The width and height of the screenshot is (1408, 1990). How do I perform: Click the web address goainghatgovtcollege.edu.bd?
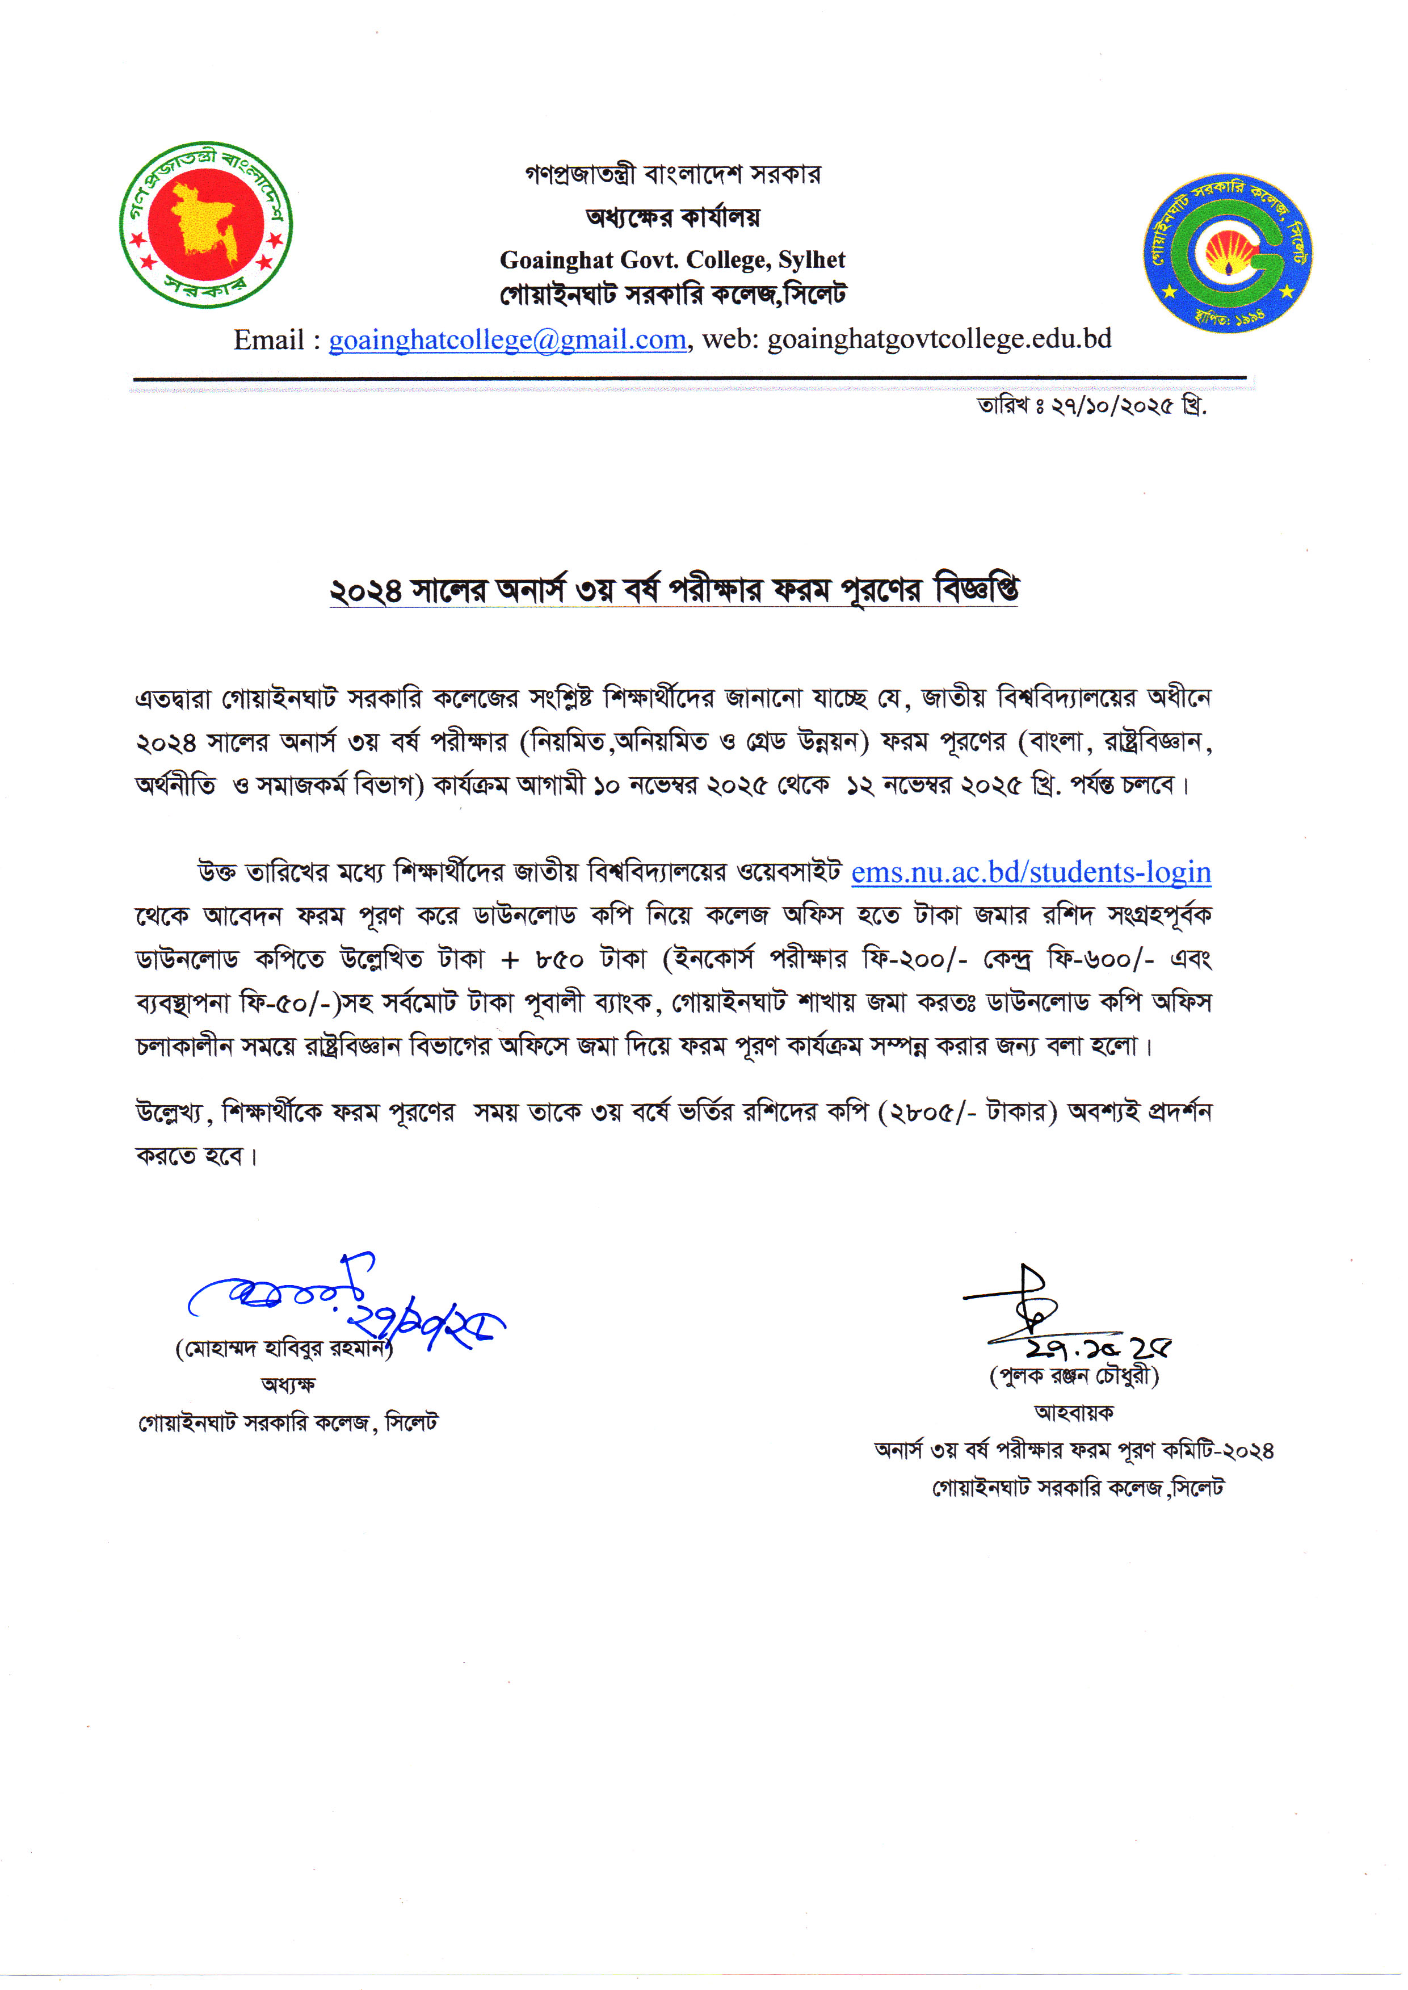pos(939,339)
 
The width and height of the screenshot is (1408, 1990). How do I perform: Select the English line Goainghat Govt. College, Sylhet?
pos(672,259)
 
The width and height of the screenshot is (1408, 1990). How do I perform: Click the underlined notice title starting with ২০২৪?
pos(673,590)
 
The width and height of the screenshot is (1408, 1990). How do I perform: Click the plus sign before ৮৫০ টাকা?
pos(510,960)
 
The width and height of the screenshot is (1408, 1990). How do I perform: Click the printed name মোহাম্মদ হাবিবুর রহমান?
pos(284,1349)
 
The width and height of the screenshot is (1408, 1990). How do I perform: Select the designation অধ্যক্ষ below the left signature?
pos(288,1385)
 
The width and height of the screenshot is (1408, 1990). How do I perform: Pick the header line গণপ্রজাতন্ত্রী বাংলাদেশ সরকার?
pos(672,174)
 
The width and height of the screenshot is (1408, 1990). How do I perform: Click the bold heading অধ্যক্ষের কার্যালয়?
pos(672,217)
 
